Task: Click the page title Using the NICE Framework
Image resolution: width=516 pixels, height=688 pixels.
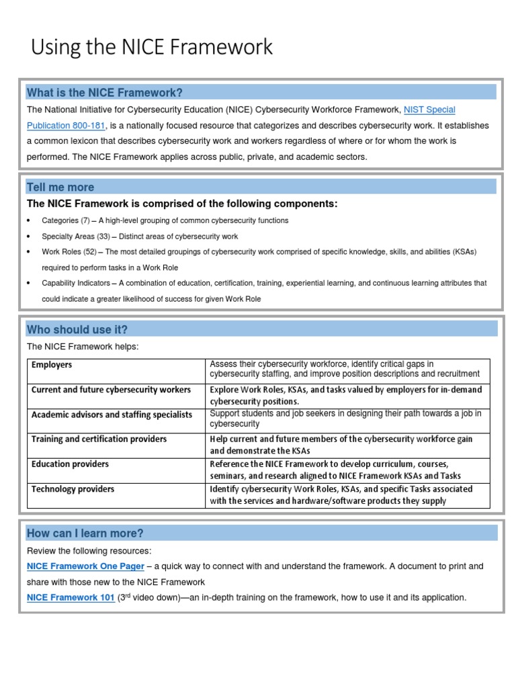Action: pyautogui.click(x=152, y=47)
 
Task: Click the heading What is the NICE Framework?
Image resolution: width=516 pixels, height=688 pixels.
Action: pyautogui.click(x=104, y=93)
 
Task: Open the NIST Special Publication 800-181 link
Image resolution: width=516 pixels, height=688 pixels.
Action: pyautogui.click(x=429, y=110)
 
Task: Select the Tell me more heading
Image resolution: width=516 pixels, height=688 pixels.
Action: pyautogui.click(x=60, y=187)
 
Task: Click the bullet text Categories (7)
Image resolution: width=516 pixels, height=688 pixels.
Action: pyautogui.click(x=66, y=220)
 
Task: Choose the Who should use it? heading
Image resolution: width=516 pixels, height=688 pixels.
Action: pyautogui.click(x=77, y=329)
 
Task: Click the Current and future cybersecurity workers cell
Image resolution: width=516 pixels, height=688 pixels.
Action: pyautogui.click(x=111, y=390)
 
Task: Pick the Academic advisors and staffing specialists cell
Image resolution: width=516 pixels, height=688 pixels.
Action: pyautogui.click(x=112, y=415)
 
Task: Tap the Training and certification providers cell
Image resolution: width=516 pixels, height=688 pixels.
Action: pyautogui.click(x=99, y=439)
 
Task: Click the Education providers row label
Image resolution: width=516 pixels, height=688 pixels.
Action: pyautogui.click(x=70, y=464)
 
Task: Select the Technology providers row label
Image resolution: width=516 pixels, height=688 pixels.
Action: pyautogui.click(x=73, y=489)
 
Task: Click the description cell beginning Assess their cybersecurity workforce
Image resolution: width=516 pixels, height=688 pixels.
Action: pyautogui.click(x=345, y=369)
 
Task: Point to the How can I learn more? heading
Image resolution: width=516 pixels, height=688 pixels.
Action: pyautogui.click(x=85, y=533)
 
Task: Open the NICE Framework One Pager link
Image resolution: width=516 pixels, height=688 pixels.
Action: pyautogui.click(x=85, y=566)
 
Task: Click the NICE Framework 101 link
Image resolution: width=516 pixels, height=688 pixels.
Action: pyautogui.click(x=71, y=597)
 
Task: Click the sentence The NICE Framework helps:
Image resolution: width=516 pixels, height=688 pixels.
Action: pyautogui.click(x=83, y=347)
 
